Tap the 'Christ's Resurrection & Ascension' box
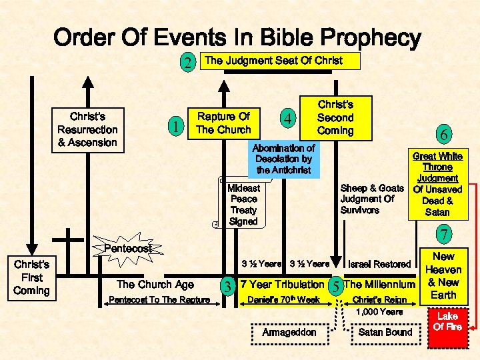[x=87, y=129]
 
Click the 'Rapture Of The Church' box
[x=223, y=124]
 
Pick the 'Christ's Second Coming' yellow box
[x=335, y=117]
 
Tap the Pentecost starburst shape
[x=128, y=248]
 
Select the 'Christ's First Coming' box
[x=31, y=277]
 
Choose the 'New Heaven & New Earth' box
[x=443, y=276]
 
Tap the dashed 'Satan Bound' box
[x=385, y=332]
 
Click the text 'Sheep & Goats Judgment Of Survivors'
[x=371, y=199]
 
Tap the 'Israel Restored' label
[x=379, y=265]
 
